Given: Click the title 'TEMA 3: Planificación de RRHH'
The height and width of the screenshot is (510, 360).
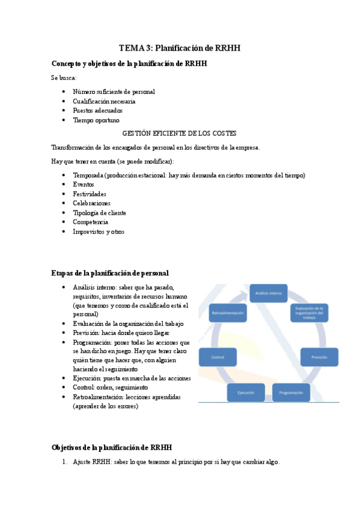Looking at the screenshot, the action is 180,48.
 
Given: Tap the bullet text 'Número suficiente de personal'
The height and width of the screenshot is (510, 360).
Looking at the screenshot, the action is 114,91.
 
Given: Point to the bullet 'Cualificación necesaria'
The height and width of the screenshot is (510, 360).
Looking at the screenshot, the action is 104,101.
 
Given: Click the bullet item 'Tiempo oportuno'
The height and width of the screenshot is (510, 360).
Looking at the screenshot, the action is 96,120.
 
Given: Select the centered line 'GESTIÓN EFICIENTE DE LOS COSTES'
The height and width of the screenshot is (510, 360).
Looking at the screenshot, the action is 179,133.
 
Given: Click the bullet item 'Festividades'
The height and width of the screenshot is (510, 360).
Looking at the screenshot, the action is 90,194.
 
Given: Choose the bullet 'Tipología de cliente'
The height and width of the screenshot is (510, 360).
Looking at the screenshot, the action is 99,213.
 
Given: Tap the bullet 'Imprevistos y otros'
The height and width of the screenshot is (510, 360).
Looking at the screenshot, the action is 99,232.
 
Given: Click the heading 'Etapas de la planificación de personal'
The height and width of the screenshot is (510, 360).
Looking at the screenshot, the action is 110,273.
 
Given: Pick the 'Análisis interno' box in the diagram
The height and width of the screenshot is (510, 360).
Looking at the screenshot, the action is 269,293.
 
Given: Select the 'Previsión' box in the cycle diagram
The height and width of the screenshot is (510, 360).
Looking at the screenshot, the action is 319,357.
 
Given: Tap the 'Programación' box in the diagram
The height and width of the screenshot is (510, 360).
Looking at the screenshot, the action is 291,393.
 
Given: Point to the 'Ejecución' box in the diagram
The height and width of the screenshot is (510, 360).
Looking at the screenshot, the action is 245,393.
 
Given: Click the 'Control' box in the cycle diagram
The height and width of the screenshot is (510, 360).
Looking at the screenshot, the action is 218,357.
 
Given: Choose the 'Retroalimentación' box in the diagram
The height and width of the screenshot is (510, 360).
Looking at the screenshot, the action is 227,315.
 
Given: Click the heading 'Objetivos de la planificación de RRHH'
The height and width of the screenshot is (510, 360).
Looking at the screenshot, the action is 112,447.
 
